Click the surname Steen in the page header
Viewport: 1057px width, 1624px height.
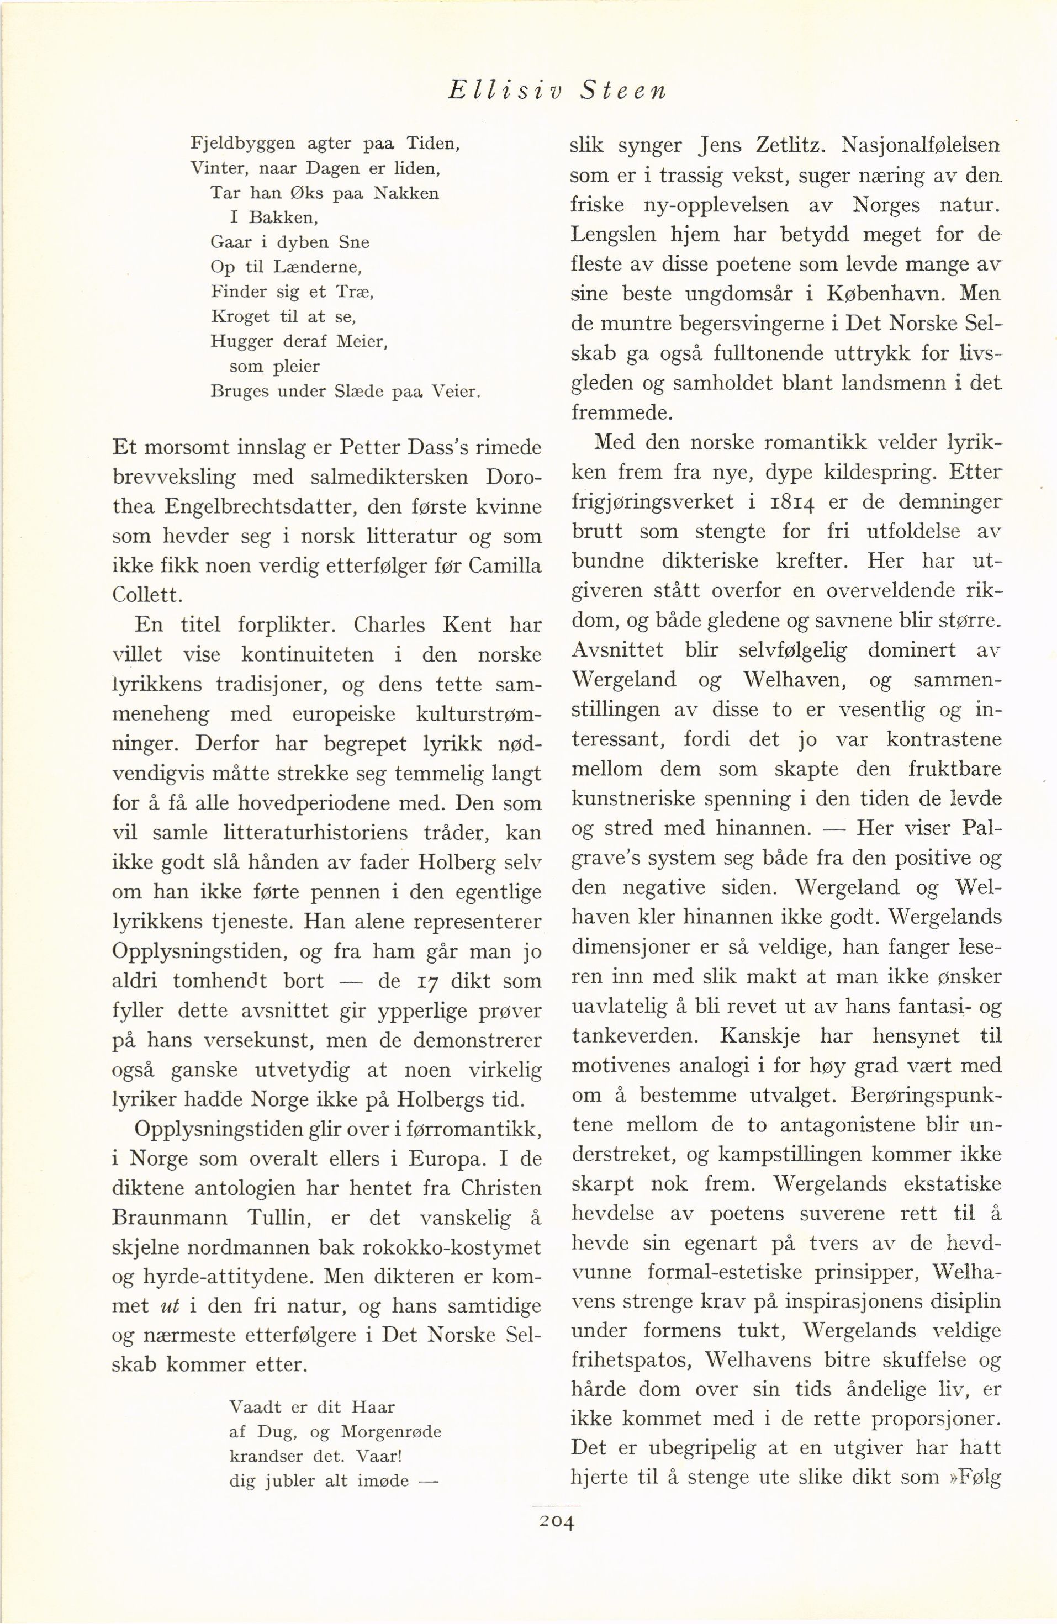622,92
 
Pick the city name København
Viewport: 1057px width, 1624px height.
886,294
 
